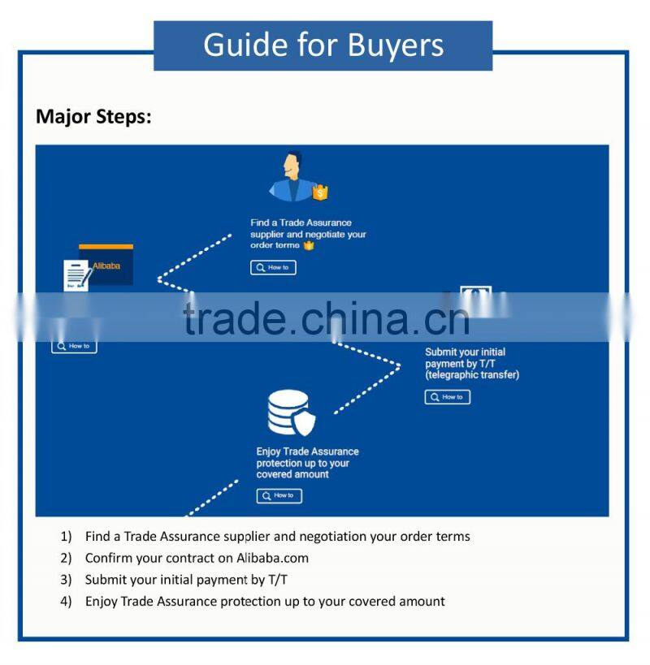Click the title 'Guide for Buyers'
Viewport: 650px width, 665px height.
(x=323, y=45)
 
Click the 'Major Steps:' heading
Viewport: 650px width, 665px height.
(x=93, y=116)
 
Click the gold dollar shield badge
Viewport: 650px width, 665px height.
(x=320, y=192)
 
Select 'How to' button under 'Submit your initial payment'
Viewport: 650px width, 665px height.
(x=447, y=397)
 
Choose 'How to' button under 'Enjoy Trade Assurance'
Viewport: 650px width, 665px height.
(x=279, y=495)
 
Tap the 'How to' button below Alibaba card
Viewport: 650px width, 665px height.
(x=74, y=346)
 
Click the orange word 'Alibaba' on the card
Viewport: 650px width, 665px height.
(x=106, y=266)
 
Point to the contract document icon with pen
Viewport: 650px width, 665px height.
(x=76, y=275)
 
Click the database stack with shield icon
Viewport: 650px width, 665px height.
(x=290, y=413)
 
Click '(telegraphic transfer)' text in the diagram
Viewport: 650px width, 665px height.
(x=471, y=375)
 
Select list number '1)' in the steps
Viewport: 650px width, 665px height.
(x=66, y=536)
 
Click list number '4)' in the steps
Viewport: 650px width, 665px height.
(x=66, y=602)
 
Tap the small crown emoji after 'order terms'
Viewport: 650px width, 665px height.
(x=308, y=245)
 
